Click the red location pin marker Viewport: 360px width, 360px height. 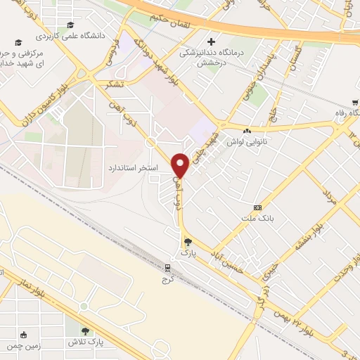pyautogui.click(x=181, y=165)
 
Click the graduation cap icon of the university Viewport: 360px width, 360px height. pyautogui.click(x=70, y=26)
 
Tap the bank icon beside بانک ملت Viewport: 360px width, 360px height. pyautogui.click(x=257, y=208)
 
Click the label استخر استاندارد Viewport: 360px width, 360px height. pyautogui.click(x=131, y=169)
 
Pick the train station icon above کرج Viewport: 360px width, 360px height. pyautogui.click(x=168, y=268)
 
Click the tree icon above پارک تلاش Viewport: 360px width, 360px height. pyautogui.click(x=85, y=331)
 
